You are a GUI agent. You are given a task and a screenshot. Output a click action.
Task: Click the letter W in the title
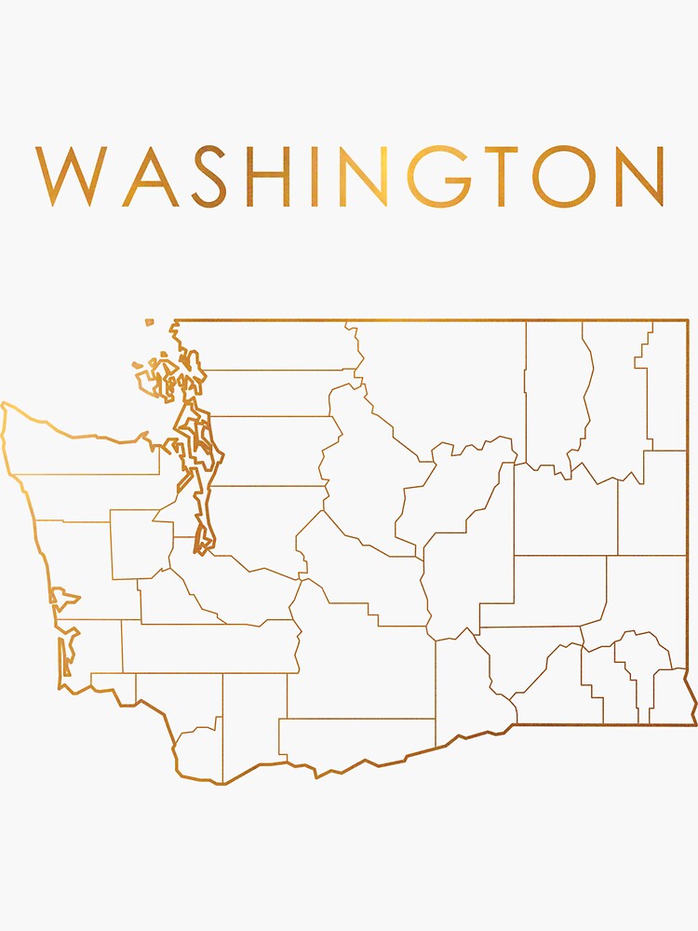[x=69, y=176]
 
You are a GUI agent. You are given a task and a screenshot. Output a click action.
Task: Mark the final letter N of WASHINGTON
[x=637, y=176]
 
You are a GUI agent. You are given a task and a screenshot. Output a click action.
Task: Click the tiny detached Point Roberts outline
[x=149, y=323]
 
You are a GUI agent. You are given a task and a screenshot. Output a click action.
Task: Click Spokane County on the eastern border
[x=651, y=503]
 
